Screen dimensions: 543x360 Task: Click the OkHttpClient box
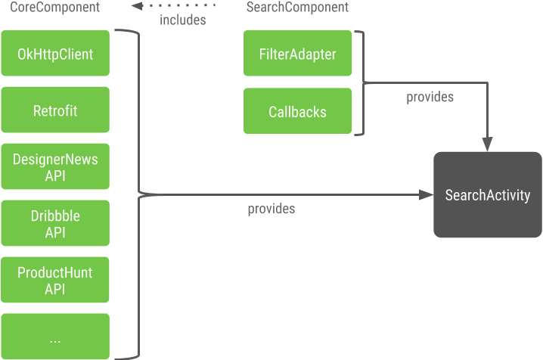(x=55, y=53)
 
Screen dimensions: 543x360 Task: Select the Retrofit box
(x=55, y=110)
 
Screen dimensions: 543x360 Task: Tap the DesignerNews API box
(x=55, y=166)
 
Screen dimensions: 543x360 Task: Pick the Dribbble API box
(x=55, y=223)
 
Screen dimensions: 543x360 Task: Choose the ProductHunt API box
(x=55, y=280)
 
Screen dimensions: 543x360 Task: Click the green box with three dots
(x=55, y=337)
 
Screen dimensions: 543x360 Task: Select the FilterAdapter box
(x=297, y=53)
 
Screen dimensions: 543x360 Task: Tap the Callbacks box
(x=297, y=110)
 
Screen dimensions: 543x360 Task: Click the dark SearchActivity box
(x=488, y=194)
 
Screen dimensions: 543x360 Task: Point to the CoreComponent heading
(x=54, y=7)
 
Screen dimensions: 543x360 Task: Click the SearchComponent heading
(x=297, y=7)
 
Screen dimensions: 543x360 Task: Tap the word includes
(x=183, y=20)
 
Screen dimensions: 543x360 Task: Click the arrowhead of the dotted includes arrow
(x=137, y=5)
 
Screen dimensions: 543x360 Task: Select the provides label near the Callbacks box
(x=430, y=97)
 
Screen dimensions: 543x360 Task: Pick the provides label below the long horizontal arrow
(x=271, y=209)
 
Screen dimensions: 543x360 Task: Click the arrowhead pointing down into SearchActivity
(x=488, y=144)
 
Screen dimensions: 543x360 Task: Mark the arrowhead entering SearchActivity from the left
(x=426, y=195)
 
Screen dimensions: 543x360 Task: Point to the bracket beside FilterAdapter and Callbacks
(x=362, y=82)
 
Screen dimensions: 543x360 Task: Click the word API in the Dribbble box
(x=55, y=232)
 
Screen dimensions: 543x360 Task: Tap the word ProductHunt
(x=55, y=273)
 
